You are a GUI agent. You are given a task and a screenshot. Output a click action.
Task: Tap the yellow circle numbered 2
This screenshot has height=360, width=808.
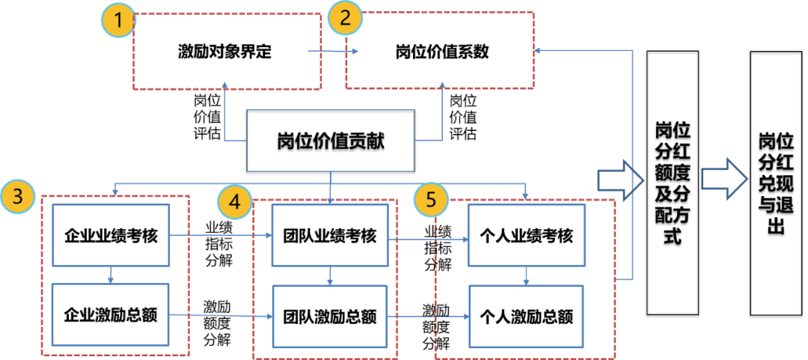click(346, 19)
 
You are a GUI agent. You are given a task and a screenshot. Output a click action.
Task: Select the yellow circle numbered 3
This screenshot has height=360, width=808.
click(17, 198)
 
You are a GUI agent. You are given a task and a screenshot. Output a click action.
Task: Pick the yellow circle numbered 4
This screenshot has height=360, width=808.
click(234, 201)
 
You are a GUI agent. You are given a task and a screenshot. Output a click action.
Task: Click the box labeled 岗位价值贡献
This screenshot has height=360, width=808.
click(331, 140)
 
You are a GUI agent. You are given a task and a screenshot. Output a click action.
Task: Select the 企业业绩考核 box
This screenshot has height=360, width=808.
click(111, 237)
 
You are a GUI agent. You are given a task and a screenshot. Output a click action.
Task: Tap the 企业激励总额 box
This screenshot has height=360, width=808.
click(111, 314)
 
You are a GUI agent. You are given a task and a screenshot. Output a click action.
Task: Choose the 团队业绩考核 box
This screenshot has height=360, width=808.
click(331, 237)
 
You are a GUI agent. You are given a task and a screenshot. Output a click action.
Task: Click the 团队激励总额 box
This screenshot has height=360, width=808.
click(331, 316)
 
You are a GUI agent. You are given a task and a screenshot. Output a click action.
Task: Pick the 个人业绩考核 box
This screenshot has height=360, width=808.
click(526, 237)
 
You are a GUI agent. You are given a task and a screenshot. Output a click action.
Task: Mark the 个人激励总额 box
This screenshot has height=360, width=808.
click(526, 316)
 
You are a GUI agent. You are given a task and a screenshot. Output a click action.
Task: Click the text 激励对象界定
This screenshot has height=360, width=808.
click(224, 52)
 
